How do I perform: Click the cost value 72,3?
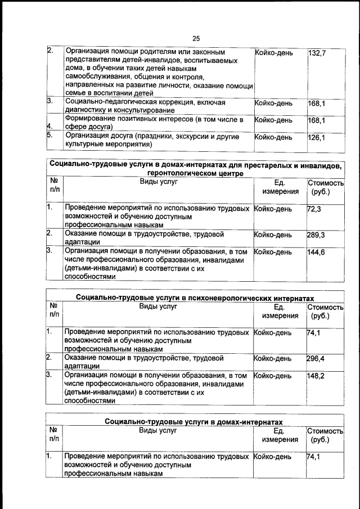coord(313,208)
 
